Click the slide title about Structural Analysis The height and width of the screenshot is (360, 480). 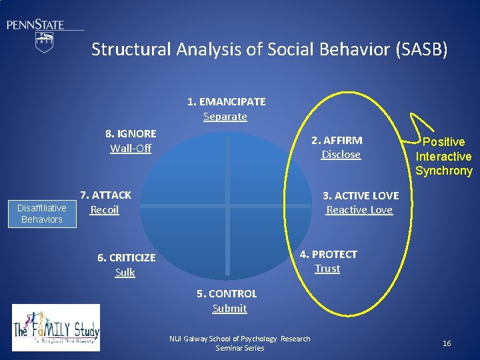[269, 49]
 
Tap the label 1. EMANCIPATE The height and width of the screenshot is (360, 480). [226, 102]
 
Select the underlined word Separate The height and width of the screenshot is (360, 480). [225, 117]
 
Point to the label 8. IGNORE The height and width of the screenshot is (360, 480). [131, 133]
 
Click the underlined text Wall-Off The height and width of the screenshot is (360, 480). [131, 148]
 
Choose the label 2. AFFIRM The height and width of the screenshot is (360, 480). [337, 140]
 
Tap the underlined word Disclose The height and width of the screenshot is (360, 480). [341, 155]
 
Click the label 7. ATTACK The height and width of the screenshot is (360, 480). [105, 195]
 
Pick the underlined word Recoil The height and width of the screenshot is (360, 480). [105, 210]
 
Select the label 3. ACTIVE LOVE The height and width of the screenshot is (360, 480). [361, 196]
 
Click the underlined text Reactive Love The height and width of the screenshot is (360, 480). [359, 211]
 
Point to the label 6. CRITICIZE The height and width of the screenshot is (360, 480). [126, 258]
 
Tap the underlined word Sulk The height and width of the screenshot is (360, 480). [125, 273]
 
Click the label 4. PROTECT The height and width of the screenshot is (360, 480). [328, 254]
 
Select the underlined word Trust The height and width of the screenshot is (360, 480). [327, 269]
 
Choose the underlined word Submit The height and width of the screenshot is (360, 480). [229, 309]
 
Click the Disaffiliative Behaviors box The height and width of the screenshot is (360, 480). [41, 213]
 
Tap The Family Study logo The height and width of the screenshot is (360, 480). [56, 327]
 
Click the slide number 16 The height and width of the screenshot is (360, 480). [447, 343]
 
